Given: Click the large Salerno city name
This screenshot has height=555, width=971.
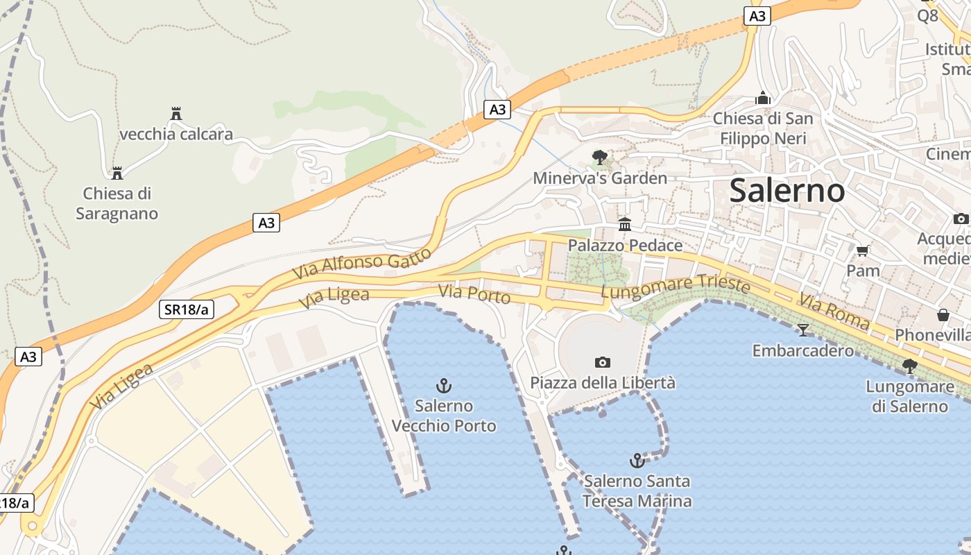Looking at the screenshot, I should [x=787, y=190].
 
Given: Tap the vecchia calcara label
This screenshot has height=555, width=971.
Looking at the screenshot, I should [x=176, y=134].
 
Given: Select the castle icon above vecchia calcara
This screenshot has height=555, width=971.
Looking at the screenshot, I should [x=176, y=113].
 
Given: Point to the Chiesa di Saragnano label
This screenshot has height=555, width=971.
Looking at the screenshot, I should [x=117, y=203].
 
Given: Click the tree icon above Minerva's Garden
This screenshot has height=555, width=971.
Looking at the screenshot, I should [x=600, y=157].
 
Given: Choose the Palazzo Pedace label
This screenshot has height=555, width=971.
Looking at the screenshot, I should [x=625, y=245].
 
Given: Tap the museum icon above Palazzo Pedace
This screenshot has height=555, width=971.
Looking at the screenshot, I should [x=625, y=223].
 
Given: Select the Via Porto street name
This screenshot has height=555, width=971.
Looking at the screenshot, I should [x=475, y=294].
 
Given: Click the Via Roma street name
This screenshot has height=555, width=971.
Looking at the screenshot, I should [x=834, y=311].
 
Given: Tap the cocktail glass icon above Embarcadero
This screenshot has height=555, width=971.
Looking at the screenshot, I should [x=803, y=330].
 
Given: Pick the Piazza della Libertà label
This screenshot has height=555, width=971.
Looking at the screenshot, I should [x=602, y=382].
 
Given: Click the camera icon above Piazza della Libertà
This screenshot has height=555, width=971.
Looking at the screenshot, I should [x=602, y=362].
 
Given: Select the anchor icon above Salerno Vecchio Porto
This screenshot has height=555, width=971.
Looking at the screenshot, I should [x=444, y=385].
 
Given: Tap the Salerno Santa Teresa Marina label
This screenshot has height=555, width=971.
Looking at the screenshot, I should [x=637, y=490].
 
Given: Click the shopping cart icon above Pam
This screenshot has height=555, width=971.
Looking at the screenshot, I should [x=863, y=250].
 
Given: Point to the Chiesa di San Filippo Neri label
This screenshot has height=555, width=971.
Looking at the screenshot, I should [x=763, y=128].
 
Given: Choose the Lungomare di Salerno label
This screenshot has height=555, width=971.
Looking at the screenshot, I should [x=909, y=396].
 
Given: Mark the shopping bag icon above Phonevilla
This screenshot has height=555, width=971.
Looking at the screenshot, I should [x=943, y=315].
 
